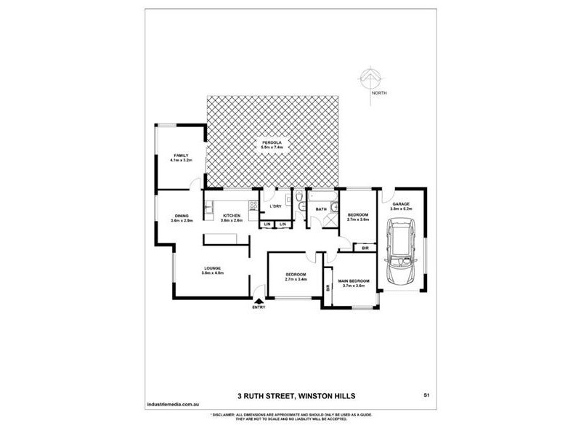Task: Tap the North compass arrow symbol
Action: coord(370,78)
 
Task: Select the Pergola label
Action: coord(272,142)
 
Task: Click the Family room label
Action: coord(181,155)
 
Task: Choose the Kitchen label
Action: coord(231,215)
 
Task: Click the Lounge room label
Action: coord(212,268)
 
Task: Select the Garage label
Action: coord(401,204)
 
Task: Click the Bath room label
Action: coord(320,209)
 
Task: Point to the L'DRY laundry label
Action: coord(275,207)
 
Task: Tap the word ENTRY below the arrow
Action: coord(259,307)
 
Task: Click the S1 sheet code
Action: coord(426,395)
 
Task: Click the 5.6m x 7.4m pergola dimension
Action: coord(272,148)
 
